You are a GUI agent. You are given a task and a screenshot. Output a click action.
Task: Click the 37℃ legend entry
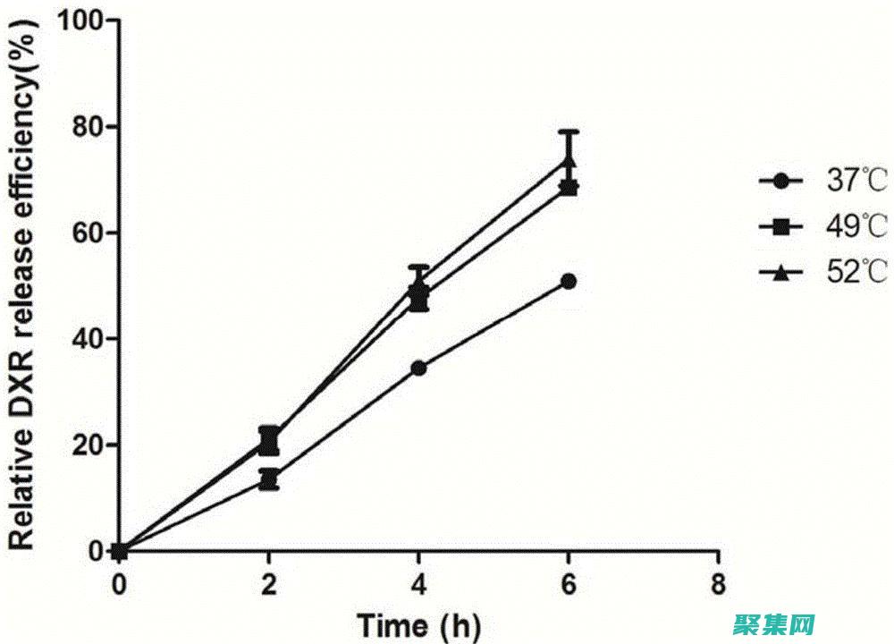tap(823, 182)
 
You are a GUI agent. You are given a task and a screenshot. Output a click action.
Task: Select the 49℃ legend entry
tap(823, 228)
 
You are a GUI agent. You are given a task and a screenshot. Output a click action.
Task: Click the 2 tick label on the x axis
tap(269, 584)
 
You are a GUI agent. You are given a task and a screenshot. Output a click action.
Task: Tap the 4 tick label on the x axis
tap(418, 584)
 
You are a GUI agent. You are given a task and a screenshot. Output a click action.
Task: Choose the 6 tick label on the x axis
tap(569, 584)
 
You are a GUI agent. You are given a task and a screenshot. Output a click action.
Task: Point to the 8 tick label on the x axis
tap(718, 584)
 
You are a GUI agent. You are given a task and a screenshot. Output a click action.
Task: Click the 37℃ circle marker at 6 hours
tap(569, 282)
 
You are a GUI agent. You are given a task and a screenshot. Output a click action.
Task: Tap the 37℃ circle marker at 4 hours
tap(418, 368)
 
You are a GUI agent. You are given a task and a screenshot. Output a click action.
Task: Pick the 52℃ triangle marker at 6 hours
tap(569, 162)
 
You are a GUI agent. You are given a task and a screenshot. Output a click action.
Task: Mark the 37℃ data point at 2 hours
tap(269, 480)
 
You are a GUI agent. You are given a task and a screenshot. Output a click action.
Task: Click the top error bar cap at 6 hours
tap(569, 131)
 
